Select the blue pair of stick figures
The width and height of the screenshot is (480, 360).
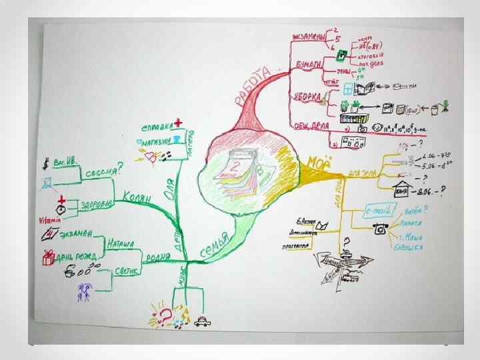(x=85, y=291)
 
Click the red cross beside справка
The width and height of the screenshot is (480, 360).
(x=178, y=123)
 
